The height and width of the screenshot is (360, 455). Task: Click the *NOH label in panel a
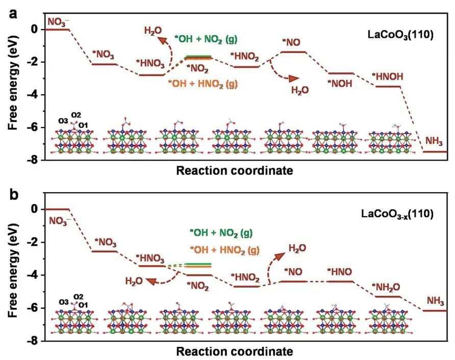coord(340,84)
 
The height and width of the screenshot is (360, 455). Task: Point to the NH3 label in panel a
coord(435,140)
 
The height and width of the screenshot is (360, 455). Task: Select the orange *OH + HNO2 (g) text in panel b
coord(224,249)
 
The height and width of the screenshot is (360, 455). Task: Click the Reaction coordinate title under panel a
coord(235,171)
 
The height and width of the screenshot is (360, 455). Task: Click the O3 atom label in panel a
coord(63,121)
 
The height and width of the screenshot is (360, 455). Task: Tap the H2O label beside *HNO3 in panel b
coord(134,281)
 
